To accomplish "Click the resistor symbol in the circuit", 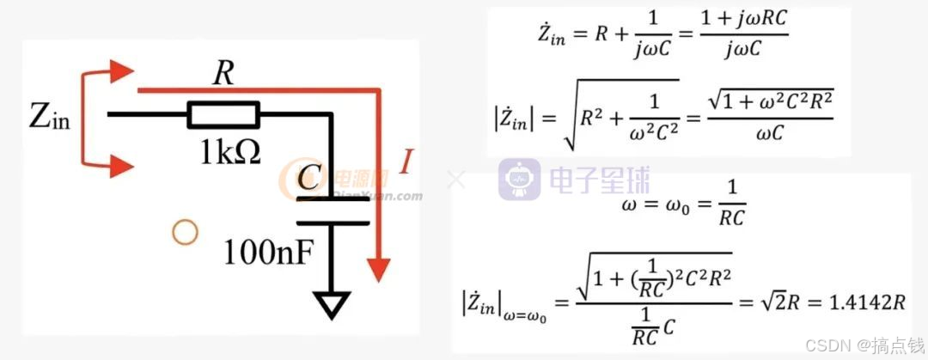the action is coord(223,114).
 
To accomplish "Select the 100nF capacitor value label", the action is coord(269,251).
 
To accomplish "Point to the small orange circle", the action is coord(185,231).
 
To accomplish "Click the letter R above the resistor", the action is coord(223,75).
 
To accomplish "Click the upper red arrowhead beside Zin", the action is coord(120,70).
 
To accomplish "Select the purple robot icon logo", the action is coord(520,180).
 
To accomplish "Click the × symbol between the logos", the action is coord(456,180).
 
